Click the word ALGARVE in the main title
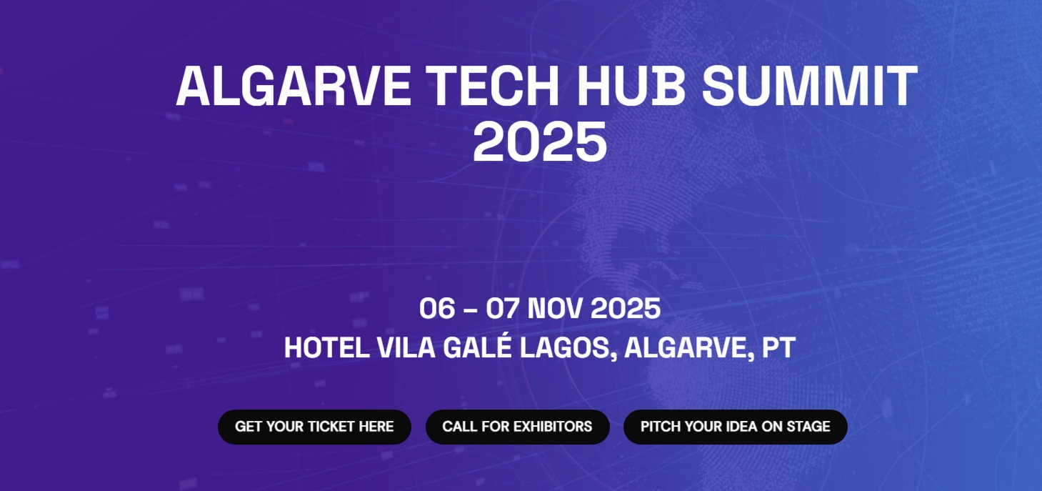coord(294,86)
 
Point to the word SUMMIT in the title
coord(810,86)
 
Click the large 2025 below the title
coord(540,142)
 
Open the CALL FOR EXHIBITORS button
coord(517,427)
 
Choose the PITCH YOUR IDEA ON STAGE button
coord(735,427)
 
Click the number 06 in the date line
coord(436,309)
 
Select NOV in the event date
coord(556,309)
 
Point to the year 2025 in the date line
coord(626,309)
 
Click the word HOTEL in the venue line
coord(326,348)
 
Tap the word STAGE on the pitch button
coord(808,427)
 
